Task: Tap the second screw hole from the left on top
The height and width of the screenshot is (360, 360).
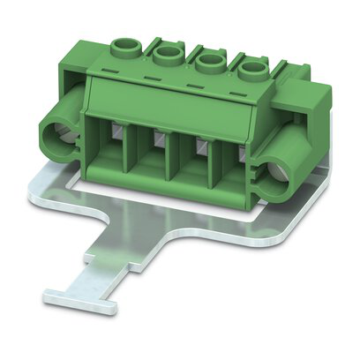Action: point(166,56)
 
